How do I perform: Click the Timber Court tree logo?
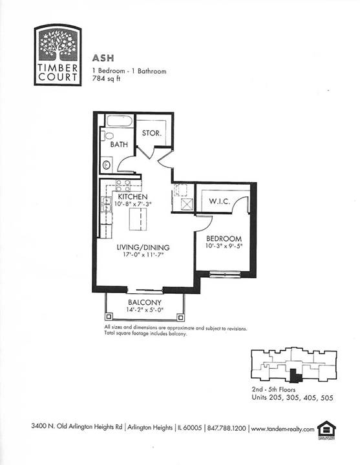click(x=58, y=55)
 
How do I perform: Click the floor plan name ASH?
click(x=103, y=58)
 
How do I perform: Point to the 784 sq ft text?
click(x=107, y=79)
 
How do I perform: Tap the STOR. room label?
click(x=152, y=133)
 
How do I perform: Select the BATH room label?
click(x=119, y=145)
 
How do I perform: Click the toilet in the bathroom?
click(x=107, y=136)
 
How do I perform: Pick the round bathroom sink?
click(x=106, y=165)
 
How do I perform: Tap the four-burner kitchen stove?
click(x=123, y=185)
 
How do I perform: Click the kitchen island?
click(x=138, y=219)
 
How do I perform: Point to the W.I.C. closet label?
click(x=220, y=201)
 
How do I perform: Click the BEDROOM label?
click(x=224, y=238)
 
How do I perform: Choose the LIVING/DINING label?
click(x=143, y=247)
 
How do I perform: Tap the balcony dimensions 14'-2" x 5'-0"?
click(x=145, y=310)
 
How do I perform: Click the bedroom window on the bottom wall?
click(x=225, y=274)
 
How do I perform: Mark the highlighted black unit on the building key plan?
click(x=295, y=375)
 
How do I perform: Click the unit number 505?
click(x=327, y=398)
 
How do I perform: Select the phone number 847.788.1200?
click(x=226, y=428)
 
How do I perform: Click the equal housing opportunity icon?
click(x=326, y=429)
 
